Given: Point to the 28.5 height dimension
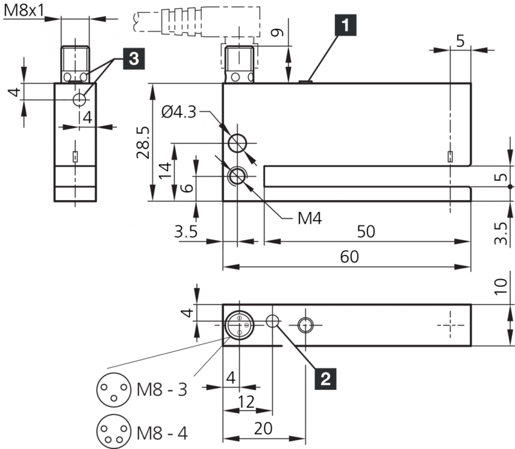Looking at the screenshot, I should [x=142, y=142].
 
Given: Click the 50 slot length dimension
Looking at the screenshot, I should [x=366, y=232].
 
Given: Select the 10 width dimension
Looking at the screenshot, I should [x=503, y=287].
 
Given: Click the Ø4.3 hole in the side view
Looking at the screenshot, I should [x=239, y=142].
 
